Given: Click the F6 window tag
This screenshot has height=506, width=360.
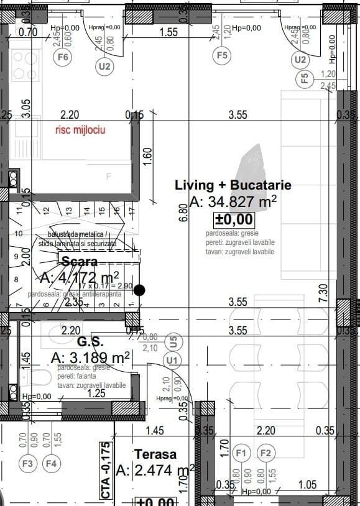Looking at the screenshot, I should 63,57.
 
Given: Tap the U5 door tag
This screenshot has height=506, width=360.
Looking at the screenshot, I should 173,341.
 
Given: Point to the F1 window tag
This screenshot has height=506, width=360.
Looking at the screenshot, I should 242,453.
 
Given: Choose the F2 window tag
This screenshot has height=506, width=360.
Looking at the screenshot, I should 265,453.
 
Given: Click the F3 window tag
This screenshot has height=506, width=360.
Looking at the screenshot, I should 27,463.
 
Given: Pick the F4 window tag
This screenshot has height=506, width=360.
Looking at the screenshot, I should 51,463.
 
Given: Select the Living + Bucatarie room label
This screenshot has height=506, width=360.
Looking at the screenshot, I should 233,185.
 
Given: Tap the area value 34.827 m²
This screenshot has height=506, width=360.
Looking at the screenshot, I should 233,202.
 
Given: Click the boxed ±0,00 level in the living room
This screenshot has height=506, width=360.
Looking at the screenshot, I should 234,219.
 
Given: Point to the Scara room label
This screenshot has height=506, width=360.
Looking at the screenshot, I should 79,262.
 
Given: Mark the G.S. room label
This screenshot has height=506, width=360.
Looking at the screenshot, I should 90,343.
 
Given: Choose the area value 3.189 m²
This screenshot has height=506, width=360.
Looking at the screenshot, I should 90,358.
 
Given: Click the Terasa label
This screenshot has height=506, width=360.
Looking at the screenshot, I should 155,454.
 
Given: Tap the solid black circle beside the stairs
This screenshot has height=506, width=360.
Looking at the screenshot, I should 140,290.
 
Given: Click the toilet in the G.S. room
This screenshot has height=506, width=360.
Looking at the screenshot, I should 37,377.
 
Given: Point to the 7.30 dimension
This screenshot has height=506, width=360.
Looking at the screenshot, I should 322,292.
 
